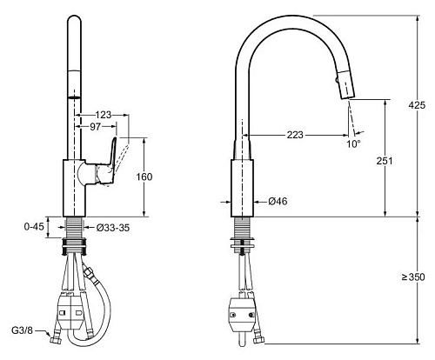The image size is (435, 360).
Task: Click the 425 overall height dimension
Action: (x=417, y=105)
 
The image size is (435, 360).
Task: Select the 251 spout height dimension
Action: (x=385, y=161)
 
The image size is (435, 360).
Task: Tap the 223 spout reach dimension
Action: (x=295, y=135)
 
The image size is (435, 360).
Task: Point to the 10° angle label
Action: (x=353, y=143)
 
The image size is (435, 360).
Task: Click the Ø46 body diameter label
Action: (x=278, y=201)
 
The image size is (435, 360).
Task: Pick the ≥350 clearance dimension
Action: (x=413, y=277)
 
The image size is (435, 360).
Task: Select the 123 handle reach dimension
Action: (x=104, y=115)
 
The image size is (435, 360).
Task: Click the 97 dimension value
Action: (x=95, y=127)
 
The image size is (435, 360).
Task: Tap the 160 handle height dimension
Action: (x=144, y=177)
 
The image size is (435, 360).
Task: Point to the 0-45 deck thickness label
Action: (x=34, y=226)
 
